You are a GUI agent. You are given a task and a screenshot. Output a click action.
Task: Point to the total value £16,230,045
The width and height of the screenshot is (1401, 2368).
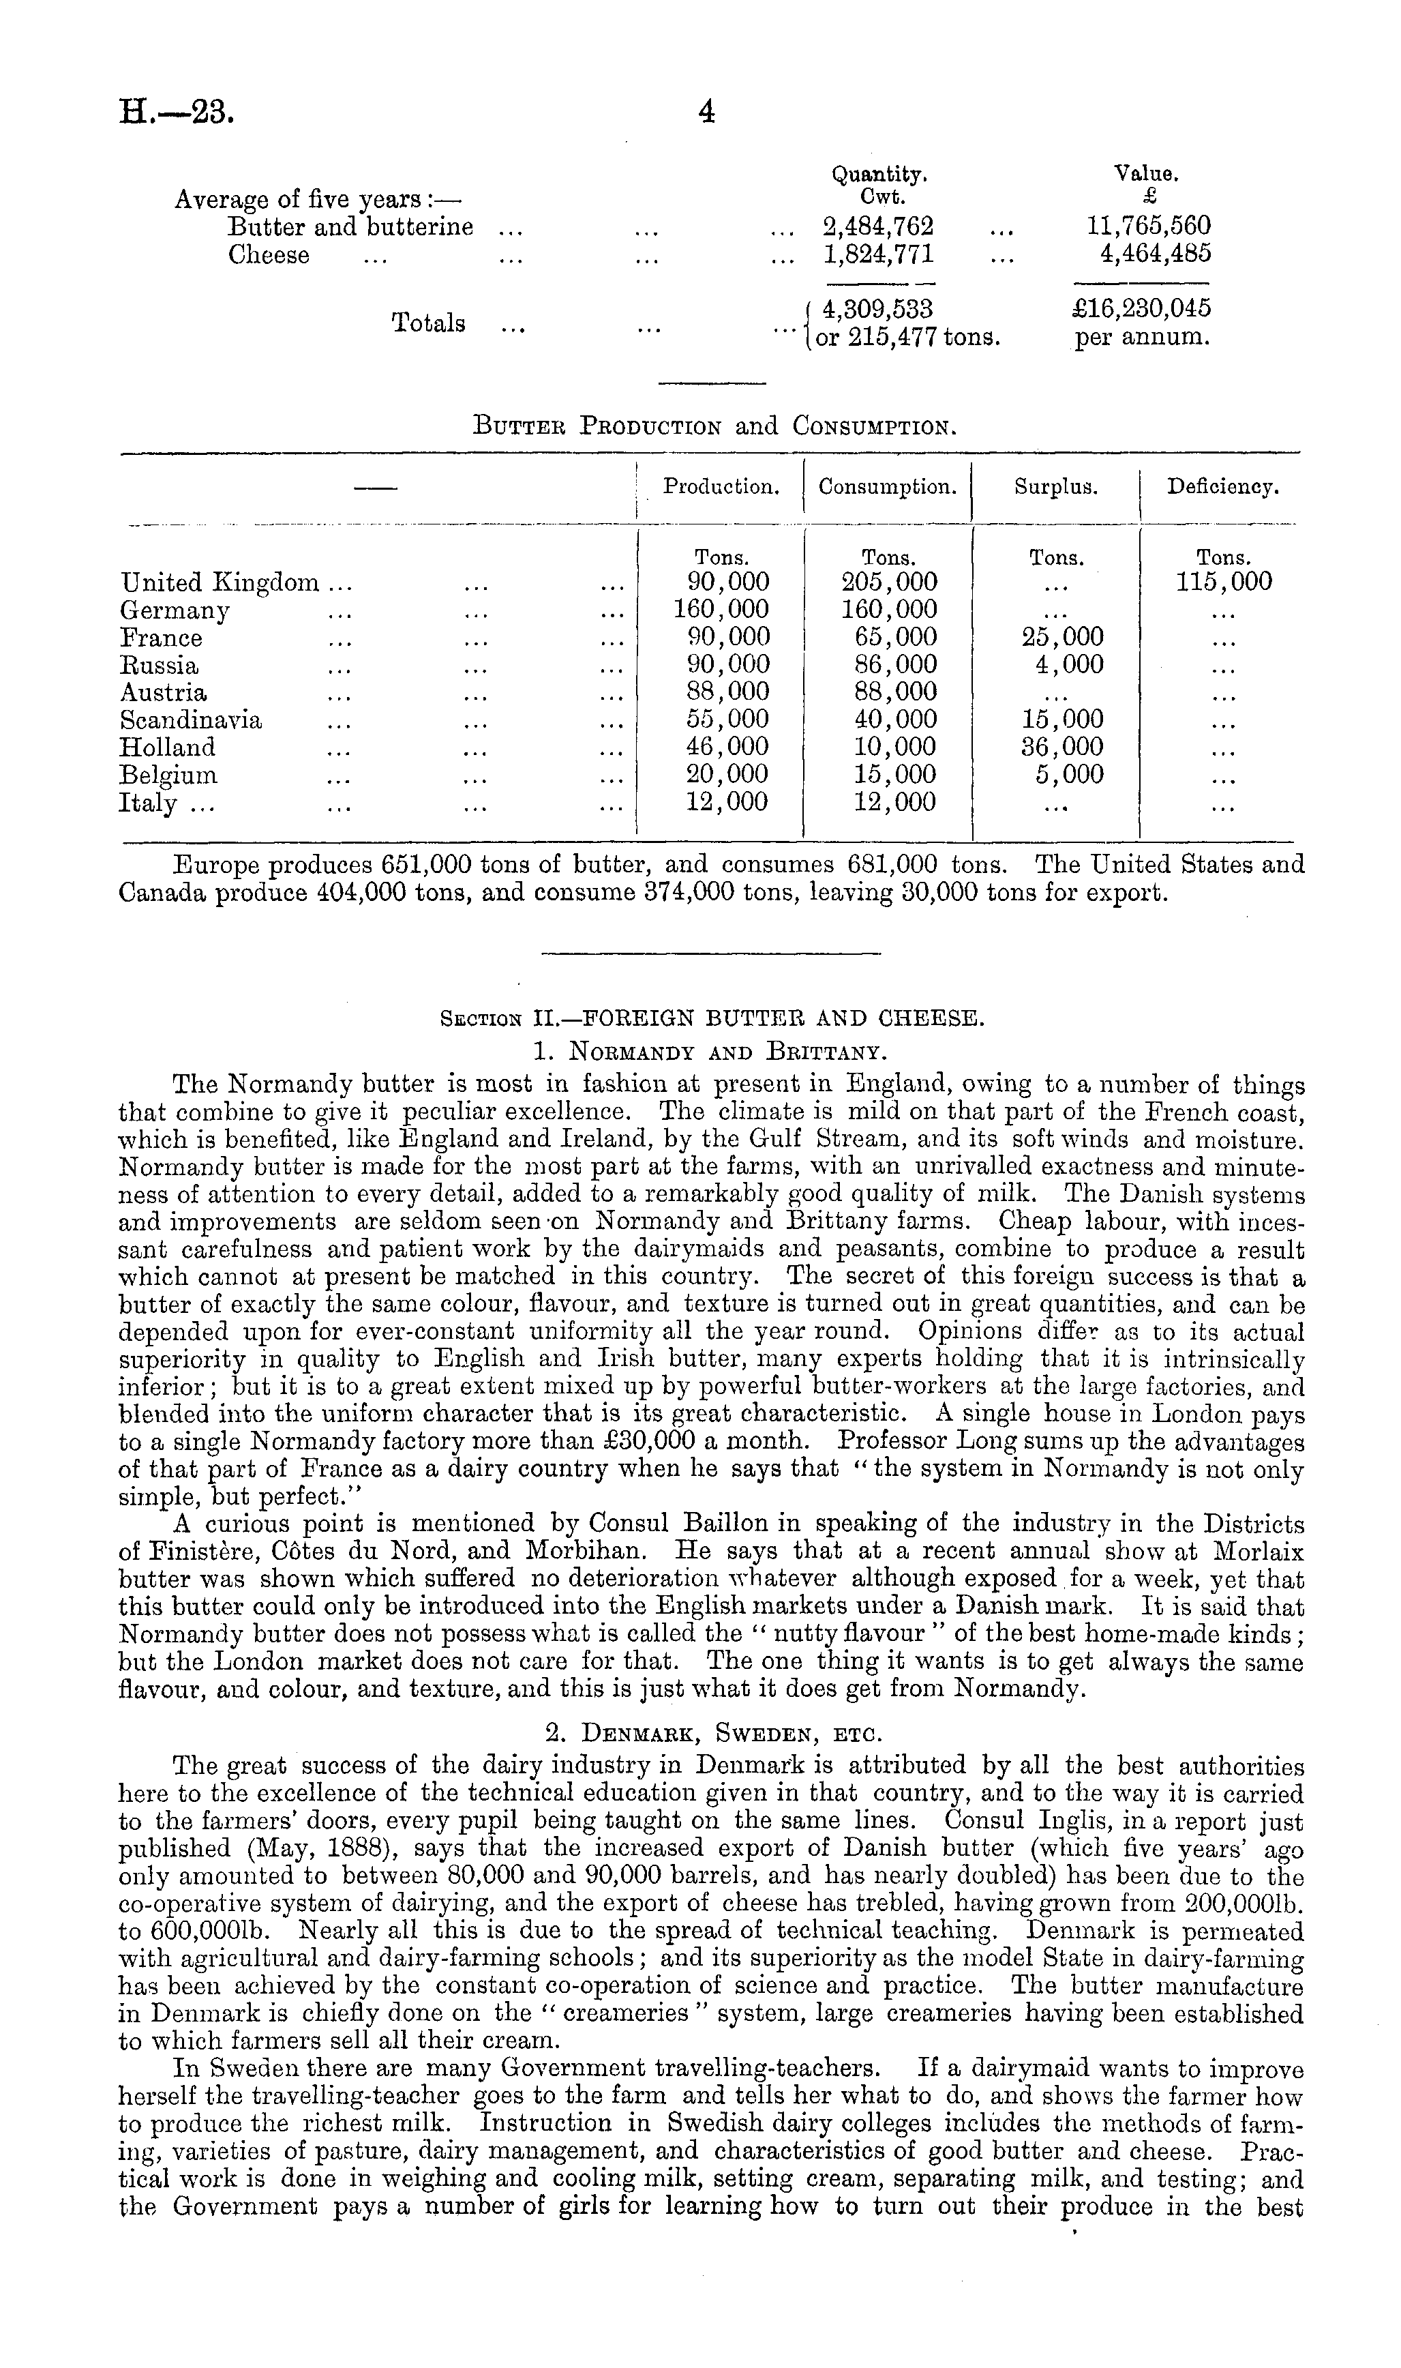(1143, 309)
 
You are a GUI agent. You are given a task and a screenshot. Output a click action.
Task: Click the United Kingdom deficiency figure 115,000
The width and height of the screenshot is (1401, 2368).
(1224, 582)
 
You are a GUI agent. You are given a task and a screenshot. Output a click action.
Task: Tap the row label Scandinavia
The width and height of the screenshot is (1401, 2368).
(191, 720)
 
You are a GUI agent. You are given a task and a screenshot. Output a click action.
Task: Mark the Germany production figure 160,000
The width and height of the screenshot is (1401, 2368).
(721, 610)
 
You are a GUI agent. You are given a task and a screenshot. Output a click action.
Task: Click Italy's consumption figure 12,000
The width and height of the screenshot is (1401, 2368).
(888, 803)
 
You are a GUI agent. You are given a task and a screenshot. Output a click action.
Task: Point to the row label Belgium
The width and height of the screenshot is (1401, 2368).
(168, 775)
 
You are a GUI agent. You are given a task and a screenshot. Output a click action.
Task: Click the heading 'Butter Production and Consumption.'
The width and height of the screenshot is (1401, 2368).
(714, 427)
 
